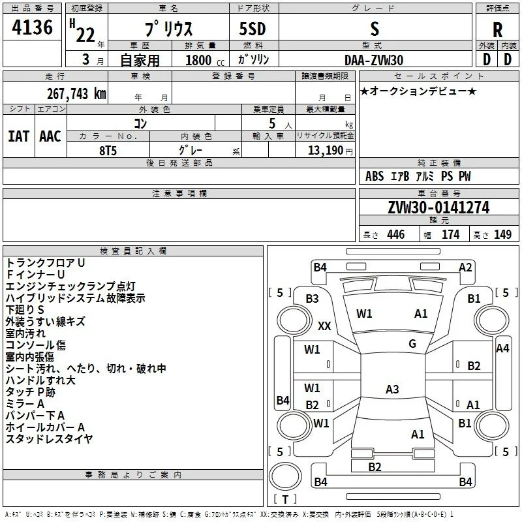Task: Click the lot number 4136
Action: [32, 27]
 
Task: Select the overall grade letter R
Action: [497, 30]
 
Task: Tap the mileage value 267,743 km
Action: [76, 94]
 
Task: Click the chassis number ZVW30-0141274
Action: [438, 207]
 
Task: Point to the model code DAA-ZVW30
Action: [374, 60]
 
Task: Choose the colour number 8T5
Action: [108, 151]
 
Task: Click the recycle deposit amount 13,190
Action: [325, 151]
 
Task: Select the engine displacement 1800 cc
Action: [205, 60]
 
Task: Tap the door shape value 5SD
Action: [253, 29]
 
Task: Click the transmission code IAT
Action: [19, 136]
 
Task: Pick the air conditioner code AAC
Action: [50, 136]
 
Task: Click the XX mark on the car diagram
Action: [324, 326]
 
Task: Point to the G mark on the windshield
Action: [412, 344]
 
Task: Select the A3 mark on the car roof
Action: [392, 389]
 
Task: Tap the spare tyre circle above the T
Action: [285, 476]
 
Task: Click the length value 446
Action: [396, 234]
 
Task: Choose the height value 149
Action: [502, 234]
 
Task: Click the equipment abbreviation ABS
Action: [375, 176]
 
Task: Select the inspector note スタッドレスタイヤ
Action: [50, 438]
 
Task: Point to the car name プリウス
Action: [169, 29]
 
